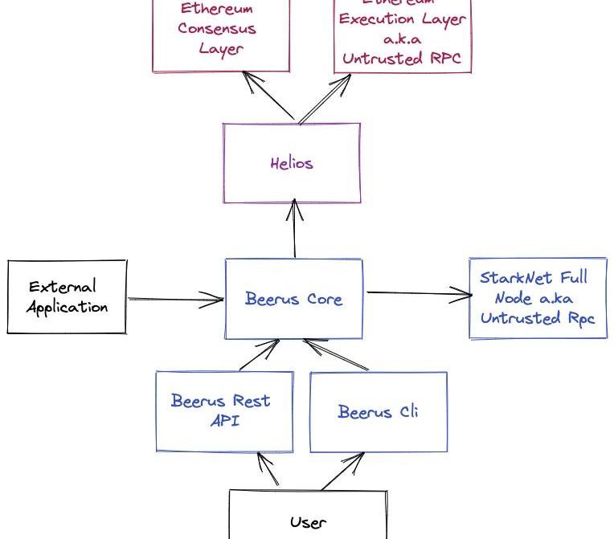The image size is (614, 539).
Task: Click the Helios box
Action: [x=291, y=163]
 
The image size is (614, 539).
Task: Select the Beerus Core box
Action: [x=293, y=299]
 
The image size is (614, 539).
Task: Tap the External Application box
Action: [x=67, y=296]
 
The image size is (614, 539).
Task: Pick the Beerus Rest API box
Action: [x=223, y=410]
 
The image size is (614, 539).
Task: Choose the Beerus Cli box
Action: [x=378, y=412]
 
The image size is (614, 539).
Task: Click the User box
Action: [x=308, y=518]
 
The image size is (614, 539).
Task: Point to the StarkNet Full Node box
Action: [x=538, y=298]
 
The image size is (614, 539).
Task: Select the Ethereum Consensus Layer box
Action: [x=220, y=32]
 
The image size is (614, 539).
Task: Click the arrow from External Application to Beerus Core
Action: [x=175, y=300]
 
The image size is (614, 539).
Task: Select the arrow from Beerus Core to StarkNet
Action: [x=418, y=294]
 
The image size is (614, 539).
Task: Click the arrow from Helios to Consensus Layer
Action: [x=271, y=97]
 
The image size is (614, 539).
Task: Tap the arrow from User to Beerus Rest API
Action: [x=268, y=470]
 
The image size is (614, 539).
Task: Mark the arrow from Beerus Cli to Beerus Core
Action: [x=335, y=354]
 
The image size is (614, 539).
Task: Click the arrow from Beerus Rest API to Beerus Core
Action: [x=260, y=354]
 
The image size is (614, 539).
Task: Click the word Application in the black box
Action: [x=67, y=307]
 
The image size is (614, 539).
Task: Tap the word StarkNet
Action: [x=511, y=278]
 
